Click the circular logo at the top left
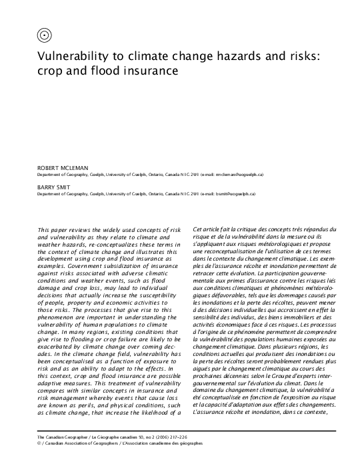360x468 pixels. pos(45,34)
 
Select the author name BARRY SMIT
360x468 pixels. pos(55,189)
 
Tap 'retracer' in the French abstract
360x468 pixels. pos(205,272)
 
